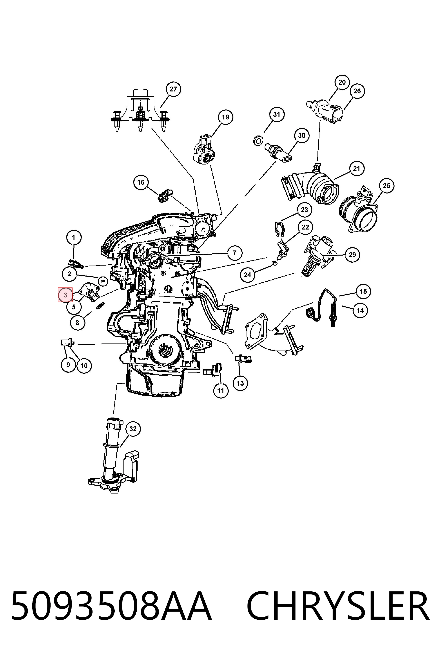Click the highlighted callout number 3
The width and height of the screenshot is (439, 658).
click(65, 295)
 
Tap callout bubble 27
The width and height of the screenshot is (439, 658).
click(173, 89)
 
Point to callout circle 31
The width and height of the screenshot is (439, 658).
click(277, 114)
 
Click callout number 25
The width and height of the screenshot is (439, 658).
click(386, 185)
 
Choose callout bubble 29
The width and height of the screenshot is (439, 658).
click(352, 255)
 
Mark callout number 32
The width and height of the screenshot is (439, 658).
click(133, 429)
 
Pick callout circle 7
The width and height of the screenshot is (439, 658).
click(235, 253)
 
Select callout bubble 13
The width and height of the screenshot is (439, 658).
click(240, 383)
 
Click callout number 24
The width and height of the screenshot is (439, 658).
click(248, 275)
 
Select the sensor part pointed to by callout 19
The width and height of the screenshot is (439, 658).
click(204, 150)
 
